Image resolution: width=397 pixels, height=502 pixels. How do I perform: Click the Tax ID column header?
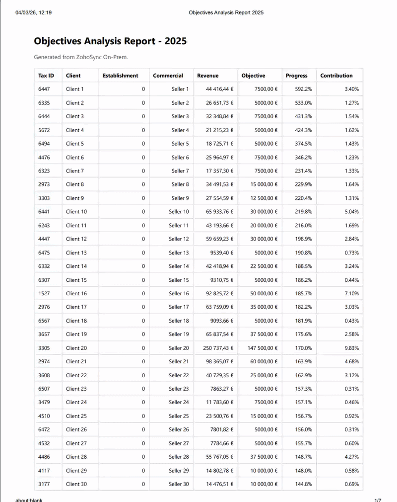(46, 76)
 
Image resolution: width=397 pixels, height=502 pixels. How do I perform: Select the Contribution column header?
(336, 76)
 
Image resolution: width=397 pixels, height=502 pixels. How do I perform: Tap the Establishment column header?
(120, 76)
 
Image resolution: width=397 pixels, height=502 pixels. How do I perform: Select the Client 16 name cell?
(76, 294)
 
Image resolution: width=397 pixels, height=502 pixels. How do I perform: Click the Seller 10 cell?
(179, 212)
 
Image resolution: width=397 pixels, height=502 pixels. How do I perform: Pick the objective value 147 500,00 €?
(262, 348)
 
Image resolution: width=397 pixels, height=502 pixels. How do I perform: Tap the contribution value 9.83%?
(351, 348)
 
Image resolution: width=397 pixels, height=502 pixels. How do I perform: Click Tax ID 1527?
(44, 294)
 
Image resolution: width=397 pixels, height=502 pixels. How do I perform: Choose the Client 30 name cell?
(76, 484)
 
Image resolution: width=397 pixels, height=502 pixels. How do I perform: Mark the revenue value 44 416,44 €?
(219, 89)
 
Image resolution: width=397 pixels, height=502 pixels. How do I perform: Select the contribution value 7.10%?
(351, 294)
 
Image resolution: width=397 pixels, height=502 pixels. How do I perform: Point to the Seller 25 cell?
(179, 416)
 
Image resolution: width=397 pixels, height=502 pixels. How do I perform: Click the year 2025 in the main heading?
(173, 41)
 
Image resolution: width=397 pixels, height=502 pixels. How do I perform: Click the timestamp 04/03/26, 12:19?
(34, 12)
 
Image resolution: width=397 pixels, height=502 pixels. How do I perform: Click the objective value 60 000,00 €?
(264, 362)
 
